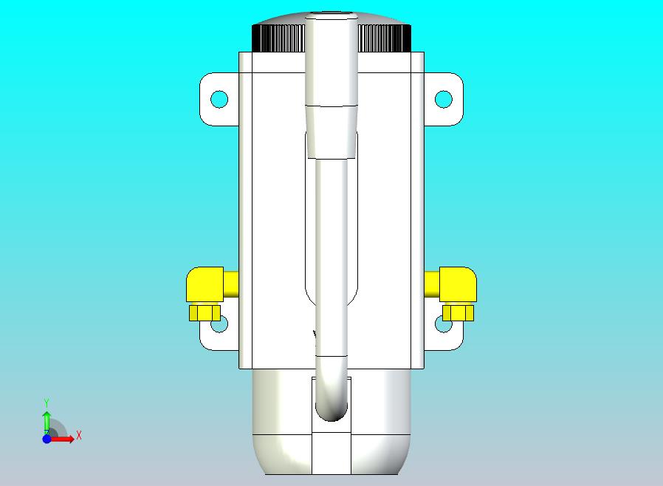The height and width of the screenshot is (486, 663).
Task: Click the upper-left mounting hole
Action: click(x=219, y=100)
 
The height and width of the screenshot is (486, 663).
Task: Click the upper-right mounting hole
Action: click(x=444, y=100)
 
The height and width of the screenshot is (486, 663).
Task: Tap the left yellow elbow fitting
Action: click(x=207, y=284)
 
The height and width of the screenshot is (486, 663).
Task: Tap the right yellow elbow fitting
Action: click(x=456, y=284)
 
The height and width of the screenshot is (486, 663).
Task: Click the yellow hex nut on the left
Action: click(x=205, y=312)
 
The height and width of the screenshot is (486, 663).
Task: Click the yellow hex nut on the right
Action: click(x=458, y=312)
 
